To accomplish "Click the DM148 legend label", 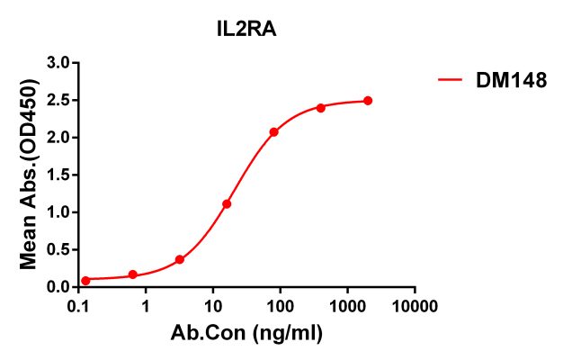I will (510, 82).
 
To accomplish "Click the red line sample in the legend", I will (451, 82).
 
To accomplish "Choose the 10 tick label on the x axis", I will (213, 306).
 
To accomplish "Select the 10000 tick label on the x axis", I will (415, 306).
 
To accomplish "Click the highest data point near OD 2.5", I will (368, 101).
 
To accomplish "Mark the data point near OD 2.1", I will (273, 132).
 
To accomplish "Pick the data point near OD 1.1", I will (227, 204).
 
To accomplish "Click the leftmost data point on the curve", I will (85, 281).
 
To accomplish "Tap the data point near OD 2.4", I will (321, 108).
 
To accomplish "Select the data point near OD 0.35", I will (180, 259).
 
